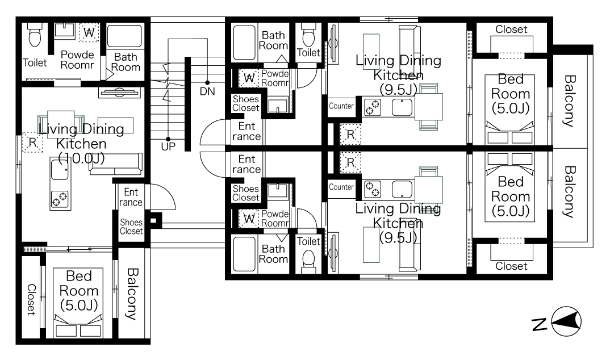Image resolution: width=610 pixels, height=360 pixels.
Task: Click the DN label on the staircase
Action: [x=207, y=91]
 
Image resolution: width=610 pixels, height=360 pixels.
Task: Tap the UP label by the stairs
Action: [x=168, y=146]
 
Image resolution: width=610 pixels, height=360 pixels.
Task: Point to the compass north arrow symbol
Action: [x=566, y=321]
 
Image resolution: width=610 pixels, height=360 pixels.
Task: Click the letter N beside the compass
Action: [x=540, y=324]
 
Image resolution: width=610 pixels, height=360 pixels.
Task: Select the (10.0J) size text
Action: [x=81, y=158]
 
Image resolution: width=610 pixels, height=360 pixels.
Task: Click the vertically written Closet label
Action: [x=31, y=300]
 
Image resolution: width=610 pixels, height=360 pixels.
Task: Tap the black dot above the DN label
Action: [x=207, y=83]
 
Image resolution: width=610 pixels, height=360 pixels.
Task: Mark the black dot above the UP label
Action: [x=168, y=139]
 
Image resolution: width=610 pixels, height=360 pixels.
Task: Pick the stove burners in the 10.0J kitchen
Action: [x=60, y=199]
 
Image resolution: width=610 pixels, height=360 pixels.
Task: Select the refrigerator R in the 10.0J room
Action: [x=33, y=143]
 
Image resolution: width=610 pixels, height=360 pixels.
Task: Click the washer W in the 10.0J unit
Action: [x=89, y=32]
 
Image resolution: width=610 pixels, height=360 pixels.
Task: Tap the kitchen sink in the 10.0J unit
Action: [x=60, y=170]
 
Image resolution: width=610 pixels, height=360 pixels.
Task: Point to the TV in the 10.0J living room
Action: [x=119, y=92]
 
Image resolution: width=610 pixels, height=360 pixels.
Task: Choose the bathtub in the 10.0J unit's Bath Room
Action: [x=124, y=36]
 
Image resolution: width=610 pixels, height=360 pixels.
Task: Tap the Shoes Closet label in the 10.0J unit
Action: [x=131, y=227]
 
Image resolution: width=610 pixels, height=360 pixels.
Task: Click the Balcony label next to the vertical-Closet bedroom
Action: [x=132, y=294]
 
